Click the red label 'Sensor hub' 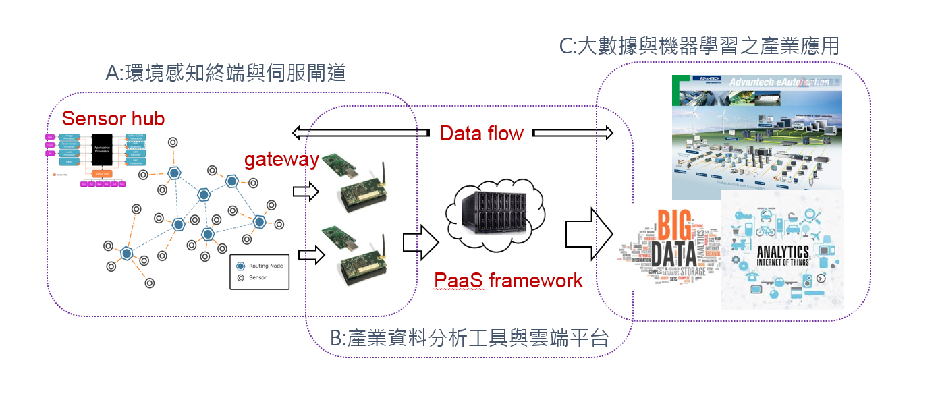pyautogui.click(x=113, y=119)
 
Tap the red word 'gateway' pyautogui.click(x=281, y=159)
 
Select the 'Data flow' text pyautogui.click(x=481, y=133)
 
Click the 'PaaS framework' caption pyautogui.click(x=508, y=280)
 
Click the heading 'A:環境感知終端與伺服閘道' pyautogui.click(x=225, y=72)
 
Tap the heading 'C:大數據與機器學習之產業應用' pyautogui.click(x=699, y=46)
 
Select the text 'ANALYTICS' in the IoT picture pyautogui.click(x=782, y=252)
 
